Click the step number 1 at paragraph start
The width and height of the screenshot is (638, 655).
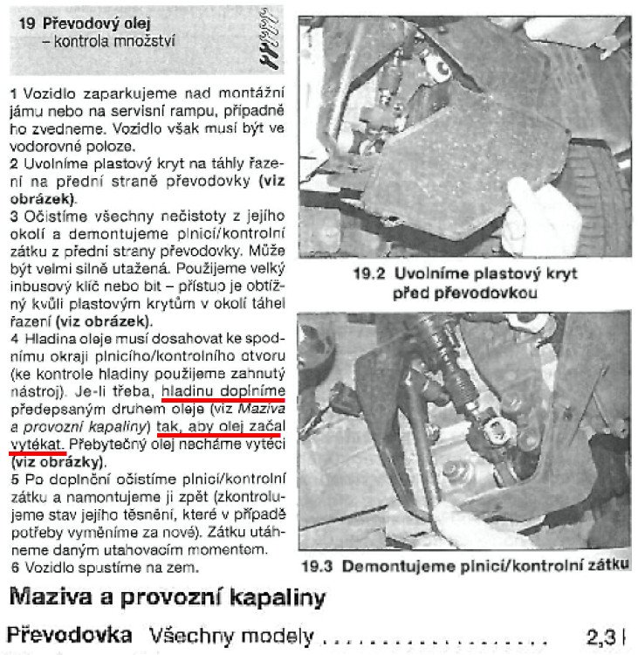[13, 91]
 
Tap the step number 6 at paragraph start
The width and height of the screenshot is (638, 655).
[13, 567]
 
